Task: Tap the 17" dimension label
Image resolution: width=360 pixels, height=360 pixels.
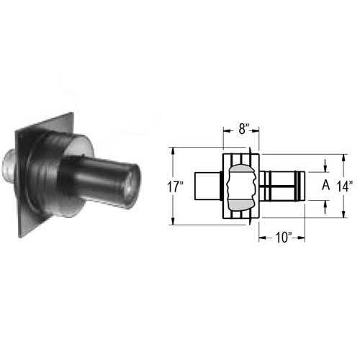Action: [175, 186]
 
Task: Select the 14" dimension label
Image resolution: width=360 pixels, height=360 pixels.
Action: [345, 186]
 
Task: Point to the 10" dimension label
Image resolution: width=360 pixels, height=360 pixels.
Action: [284, 238]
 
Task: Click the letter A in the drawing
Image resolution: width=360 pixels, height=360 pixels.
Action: [325, 185]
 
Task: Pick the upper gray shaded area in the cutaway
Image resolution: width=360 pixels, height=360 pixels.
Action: [242, 168]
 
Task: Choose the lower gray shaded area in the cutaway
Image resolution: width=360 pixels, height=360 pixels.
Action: [241, 204]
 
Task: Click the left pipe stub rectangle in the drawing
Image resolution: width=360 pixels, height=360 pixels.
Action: [207, 186]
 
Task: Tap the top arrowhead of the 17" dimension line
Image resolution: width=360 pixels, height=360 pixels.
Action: [173, 151]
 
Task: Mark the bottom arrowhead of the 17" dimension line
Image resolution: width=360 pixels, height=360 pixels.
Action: [173, 221]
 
